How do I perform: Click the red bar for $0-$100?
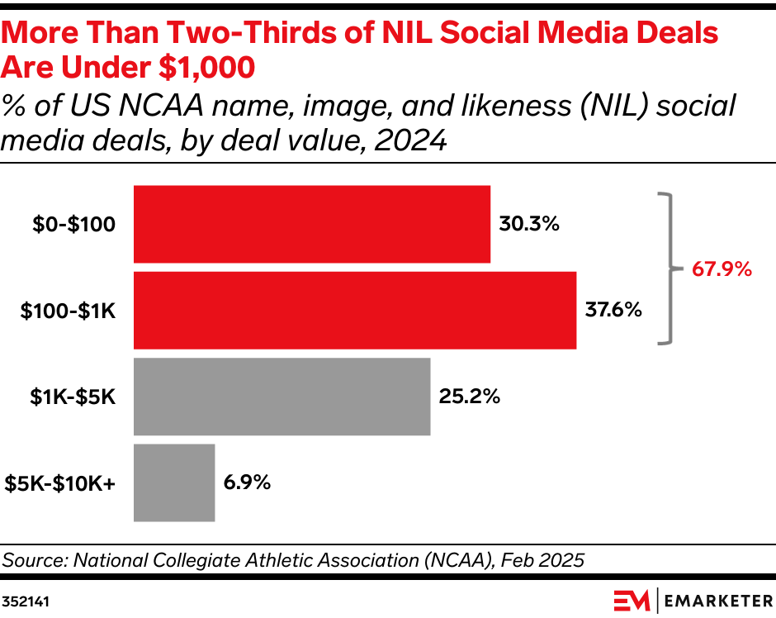(311, 224)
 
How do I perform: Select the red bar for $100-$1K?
(354, 310)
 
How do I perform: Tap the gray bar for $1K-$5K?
(282, 396)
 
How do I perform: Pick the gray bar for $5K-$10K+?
(174, 483)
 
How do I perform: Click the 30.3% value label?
(529, 224)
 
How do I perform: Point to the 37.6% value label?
(613, 310)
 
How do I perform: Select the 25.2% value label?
(468, 396)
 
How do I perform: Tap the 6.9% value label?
(247, 483)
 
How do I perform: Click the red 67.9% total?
(722, 269)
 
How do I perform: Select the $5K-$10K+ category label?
(59, 483)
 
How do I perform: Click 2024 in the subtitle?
(409, 141)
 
